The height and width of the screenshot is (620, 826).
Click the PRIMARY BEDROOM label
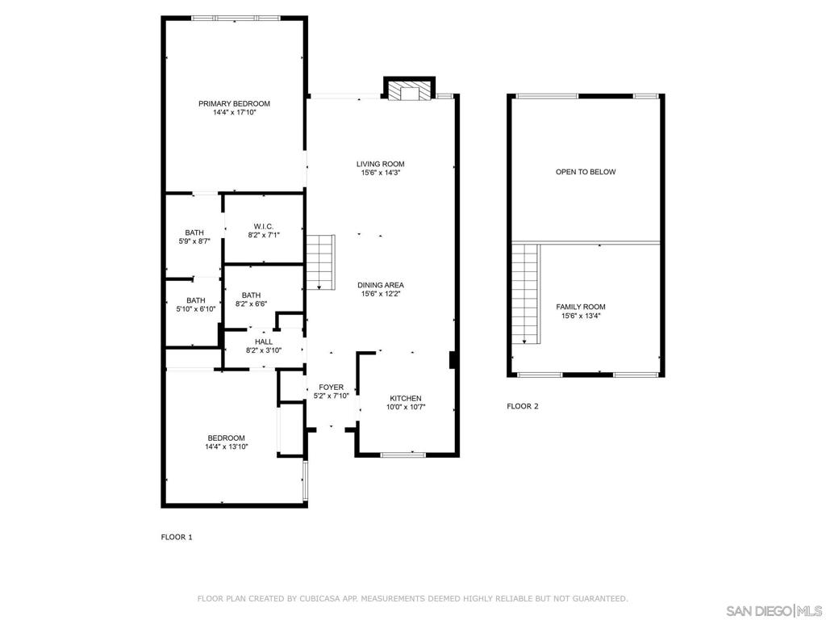pyautogui.click(x=234, y=103)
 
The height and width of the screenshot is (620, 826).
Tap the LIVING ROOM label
pyautogui.click(x=380, y=164)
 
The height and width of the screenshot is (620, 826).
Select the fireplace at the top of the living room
pyautogui.click(x=410, y=90)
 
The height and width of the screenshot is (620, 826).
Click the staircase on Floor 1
pyautogui.click(x=320, y=262)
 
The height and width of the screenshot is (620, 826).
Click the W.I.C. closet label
pyautogui.click(x=264, y=225)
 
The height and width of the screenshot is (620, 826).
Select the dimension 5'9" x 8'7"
pyautogui.click(x=194, y=241)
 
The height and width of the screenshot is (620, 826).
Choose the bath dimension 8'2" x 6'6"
pyautogui.click(x=251, y=304)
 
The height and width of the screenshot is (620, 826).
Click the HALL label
pyautogui.click(x=264, y=341)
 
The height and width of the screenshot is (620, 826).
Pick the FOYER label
pyautogui.click(x=331, y=387)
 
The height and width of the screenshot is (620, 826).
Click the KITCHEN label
pyautogui.click(x=406, y=398)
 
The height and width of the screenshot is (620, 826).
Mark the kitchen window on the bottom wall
pyautogui.click(x=403, y=455)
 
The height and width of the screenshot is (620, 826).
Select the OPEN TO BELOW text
pyautogui.click(x=586, y=172)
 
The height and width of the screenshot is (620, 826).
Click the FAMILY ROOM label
pyautogui.click(x=581, y=307)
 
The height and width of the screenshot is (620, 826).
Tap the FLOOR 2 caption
pyautogui.click(x=523, y=406)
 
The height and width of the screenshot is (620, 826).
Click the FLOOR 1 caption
pyautogui.click(x=177, y=537)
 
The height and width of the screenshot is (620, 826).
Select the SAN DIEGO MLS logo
pyautogui.click(x=774, y=610)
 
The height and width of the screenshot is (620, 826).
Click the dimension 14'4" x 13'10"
pyautogui.click(x=227, y=446)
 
